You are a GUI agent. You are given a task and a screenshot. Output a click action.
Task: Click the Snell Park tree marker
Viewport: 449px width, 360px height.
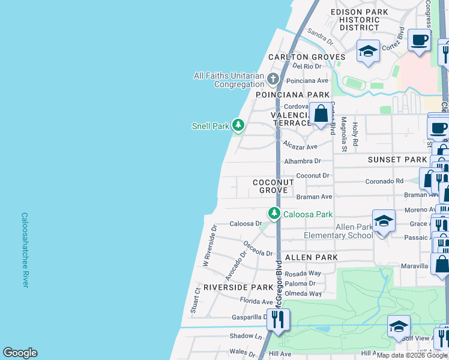pyautogui.click(x=239, y=125)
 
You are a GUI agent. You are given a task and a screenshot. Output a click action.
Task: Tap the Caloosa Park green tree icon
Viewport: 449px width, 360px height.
pyautogui.click(x=274, y=214)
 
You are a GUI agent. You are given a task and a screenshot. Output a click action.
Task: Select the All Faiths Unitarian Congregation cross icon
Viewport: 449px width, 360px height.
pyautogui.click(x=273, y=79)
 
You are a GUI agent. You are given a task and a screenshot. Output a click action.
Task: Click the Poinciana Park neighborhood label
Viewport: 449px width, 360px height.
pyautogui.click(x=293, y=95)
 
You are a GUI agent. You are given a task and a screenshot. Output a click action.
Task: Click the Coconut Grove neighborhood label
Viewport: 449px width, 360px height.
pyautogui.click(x=273, y=186)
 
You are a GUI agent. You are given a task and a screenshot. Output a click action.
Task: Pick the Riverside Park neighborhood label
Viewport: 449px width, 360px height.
pyautogui.click(x=238, y=287)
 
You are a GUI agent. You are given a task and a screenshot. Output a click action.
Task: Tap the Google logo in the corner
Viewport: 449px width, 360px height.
pyautogui.click(x=20, y=353)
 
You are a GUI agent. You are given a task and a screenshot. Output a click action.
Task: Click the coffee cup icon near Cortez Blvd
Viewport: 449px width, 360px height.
pyautogui.click(x=420, y=40)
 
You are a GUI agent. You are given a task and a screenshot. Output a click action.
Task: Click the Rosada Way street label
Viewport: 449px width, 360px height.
pyautogui.click(x=307, y=273)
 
